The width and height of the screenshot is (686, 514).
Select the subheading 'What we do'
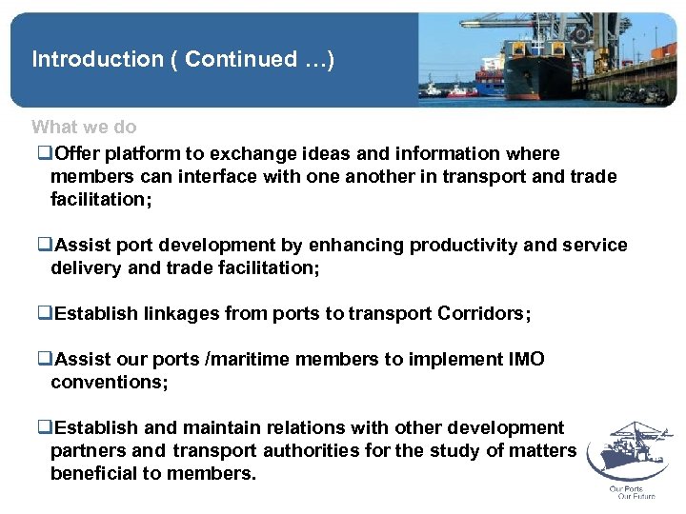(x=84, y=127)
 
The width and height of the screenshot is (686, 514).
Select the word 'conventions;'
(x=110, y=383)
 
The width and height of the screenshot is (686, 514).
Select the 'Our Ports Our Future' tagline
(x=630, y=492)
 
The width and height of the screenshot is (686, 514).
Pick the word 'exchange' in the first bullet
(x=245, y=153)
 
